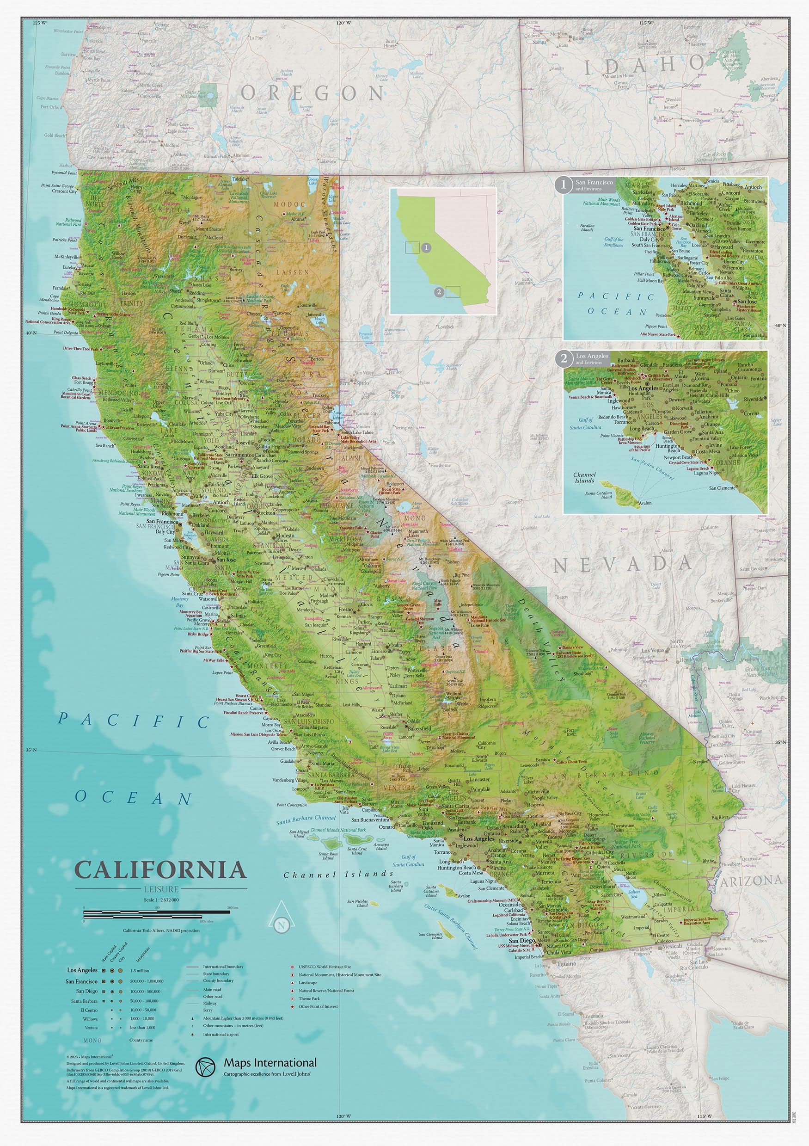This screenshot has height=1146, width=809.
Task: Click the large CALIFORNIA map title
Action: click(160, 870)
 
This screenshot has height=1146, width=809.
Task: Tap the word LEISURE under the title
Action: click(161, 889)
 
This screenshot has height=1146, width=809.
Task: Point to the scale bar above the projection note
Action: click(157, 912)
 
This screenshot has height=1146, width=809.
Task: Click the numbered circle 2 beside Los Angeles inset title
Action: click(564, 358)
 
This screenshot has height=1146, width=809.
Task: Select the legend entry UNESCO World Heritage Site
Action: click(325, 967)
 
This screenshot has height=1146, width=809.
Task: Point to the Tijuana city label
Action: click(566, 964)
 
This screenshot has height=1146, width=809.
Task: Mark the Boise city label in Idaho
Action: click(578, 38)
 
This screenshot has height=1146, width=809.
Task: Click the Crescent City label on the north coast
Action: click(64, 191)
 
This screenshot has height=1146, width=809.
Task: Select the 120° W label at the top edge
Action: click(343, 23)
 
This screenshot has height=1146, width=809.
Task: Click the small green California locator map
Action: click(443, 251)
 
